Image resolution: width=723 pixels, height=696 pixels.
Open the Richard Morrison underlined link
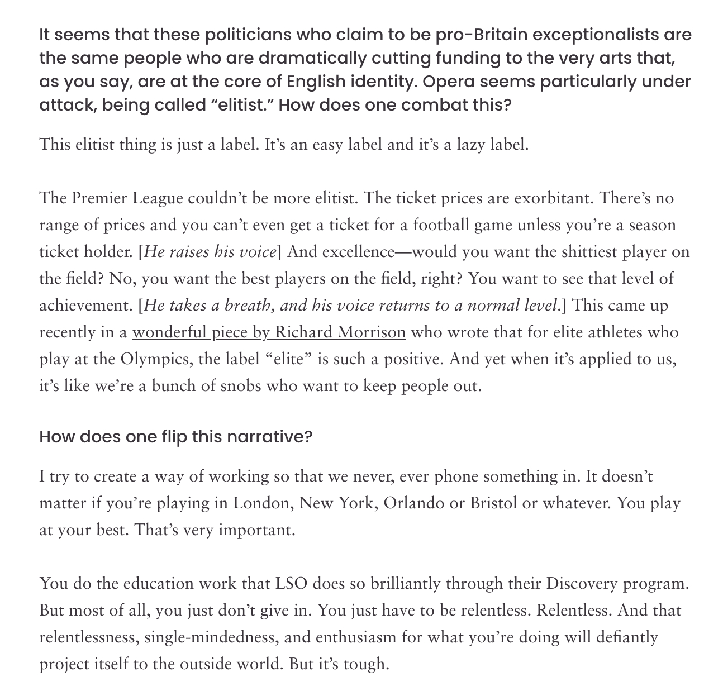(269, 332)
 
